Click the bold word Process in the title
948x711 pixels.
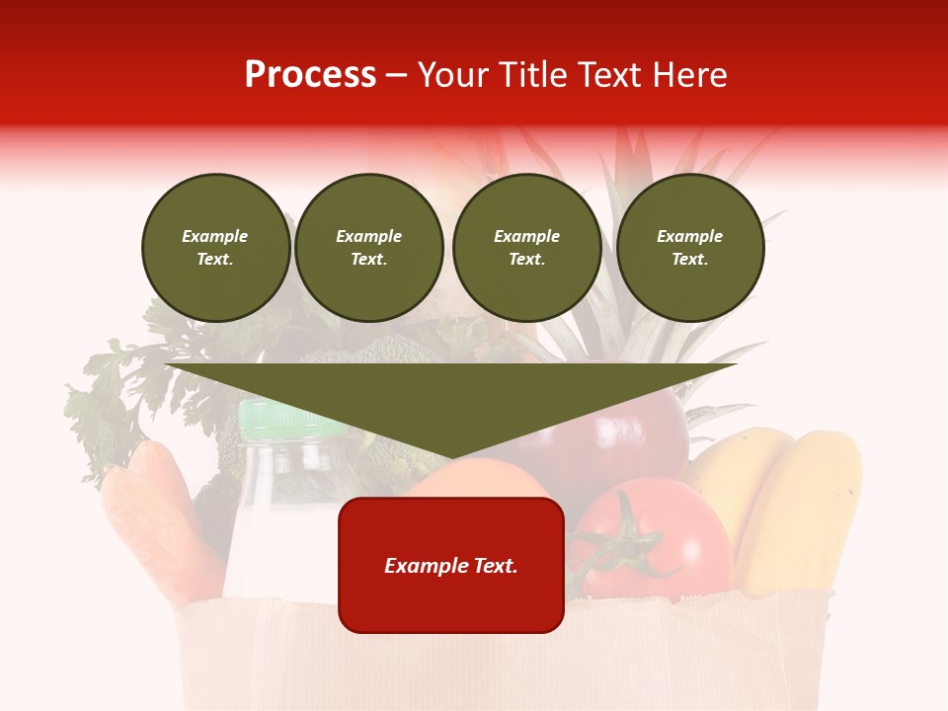click(x=310, y=75)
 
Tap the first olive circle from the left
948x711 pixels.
click(x=215, y=247)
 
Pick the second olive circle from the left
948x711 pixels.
click(x=368, y=247)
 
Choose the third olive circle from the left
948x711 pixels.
click(x=526, y=247)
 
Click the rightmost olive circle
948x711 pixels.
click(x=689, y=247)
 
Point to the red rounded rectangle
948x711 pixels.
click(x=450, y=602)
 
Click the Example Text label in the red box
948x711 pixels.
click(x=450, y=566)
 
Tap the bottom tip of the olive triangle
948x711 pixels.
click(x=451, y=457)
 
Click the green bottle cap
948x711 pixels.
click(x=279, y=420)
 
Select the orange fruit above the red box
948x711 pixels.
click(x=474, y=479)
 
